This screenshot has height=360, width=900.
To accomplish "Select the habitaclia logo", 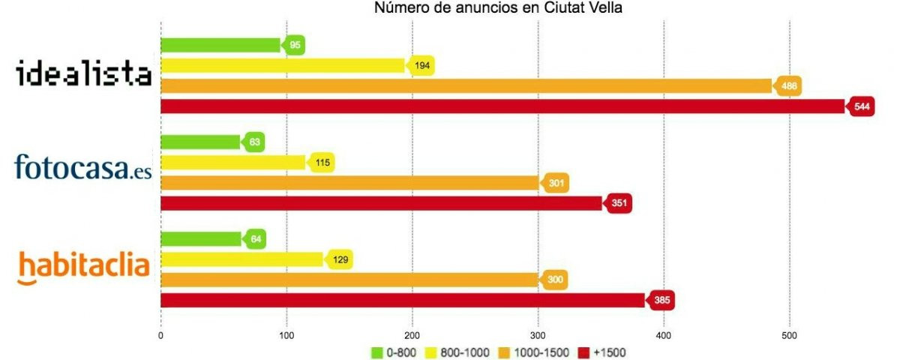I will pyautogui.click(x=83, y=267).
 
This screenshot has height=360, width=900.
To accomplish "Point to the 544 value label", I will pyautogui.click(x=862, y=107).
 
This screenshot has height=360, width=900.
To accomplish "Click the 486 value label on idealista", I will pyautogui.click(x=789, y=86).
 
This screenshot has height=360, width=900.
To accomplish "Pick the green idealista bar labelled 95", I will pyautogui.click(x=220, y=45).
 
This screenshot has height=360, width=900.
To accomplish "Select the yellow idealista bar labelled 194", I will pyautogui.click(x=283, y=66).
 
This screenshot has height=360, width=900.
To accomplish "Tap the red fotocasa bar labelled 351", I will pyautogui.click(x=381, y=203).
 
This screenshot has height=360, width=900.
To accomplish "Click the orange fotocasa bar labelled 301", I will pyautogui.click(x=349, y=183).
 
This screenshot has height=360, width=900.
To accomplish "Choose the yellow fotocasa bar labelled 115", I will pyautogui.click(x=233, y=162).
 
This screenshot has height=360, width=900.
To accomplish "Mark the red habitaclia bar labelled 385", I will pyautogui.click(x=403, y=301).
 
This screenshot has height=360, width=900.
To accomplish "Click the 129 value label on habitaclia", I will pyautogui.click(x=340, y=259).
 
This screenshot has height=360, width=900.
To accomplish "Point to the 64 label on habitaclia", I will pyautogui.click(x=254, y=239).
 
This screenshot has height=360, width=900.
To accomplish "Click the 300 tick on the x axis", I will pyautogui.click(x=538, y=335).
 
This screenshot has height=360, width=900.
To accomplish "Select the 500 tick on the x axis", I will pyautogui.click(x=789, y=335).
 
